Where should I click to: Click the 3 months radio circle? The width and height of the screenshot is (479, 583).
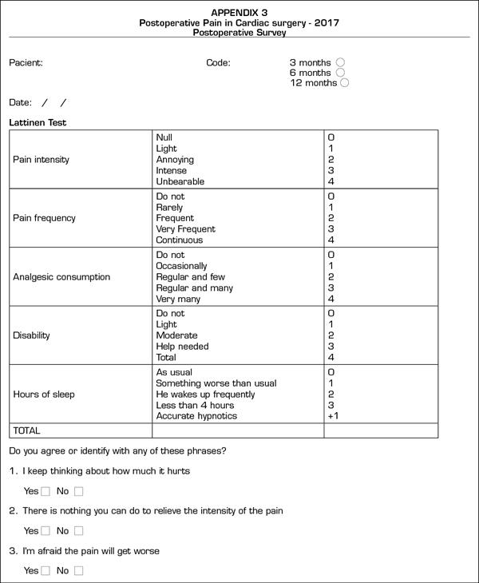341,62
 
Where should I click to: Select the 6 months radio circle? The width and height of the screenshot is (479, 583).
341,73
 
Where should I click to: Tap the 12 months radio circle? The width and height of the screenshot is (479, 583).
345,83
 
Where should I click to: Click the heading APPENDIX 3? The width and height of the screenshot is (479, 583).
239,13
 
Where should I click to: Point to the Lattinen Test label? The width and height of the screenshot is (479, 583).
38,123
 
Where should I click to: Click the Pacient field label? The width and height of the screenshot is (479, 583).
26,62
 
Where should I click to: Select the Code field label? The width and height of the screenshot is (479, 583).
218,62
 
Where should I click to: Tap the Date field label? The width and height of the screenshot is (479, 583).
20,103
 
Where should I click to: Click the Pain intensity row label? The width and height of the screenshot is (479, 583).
41,160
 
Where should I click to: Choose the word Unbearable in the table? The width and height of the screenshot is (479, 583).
180,181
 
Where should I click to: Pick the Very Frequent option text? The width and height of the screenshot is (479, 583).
185,229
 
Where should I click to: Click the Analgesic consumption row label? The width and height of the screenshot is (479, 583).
61,277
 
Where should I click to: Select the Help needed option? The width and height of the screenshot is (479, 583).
182,347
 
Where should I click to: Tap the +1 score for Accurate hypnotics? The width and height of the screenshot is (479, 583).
333,416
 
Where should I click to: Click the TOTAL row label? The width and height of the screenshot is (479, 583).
26,430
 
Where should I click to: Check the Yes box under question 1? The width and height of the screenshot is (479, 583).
46,491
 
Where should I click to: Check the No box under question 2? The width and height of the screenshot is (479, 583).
78,531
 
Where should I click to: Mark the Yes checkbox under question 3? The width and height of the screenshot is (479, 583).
46,571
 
